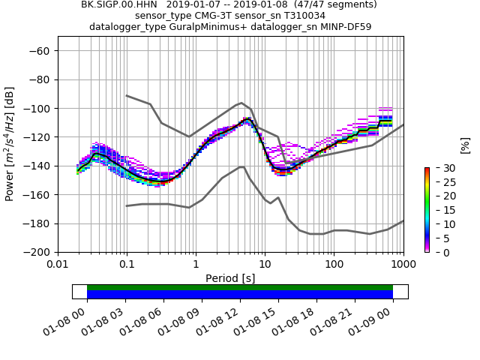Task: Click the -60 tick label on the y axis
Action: pos(40,51)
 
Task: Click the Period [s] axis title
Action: pos(230,278)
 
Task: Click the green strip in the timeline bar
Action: pos(240,287)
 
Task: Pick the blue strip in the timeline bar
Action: pos(240,295)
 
